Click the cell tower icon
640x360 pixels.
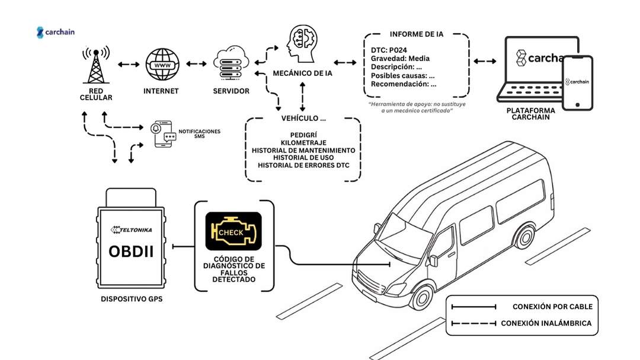tap(95, 66)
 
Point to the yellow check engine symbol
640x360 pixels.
tap(233, 232)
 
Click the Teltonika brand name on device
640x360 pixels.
tap(131, 229)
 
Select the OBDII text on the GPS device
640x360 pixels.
tap(131, 251)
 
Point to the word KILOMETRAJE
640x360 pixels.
tap(303, 143)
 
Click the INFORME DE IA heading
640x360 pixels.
tap(417, 34)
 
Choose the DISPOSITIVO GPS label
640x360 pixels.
tap(131, 300)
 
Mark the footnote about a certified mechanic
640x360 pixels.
tap(417, 107)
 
